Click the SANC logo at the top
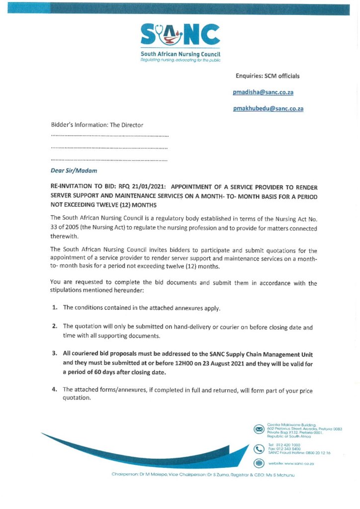180,35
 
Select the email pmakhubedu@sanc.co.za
268,109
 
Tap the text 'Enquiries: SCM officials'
268,76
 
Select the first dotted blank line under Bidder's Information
109,136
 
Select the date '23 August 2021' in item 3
232,363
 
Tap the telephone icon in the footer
259,449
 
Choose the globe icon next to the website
259,463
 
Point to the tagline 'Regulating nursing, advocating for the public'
180,60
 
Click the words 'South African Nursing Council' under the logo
180,54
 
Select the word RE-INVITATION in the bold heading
76,187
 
